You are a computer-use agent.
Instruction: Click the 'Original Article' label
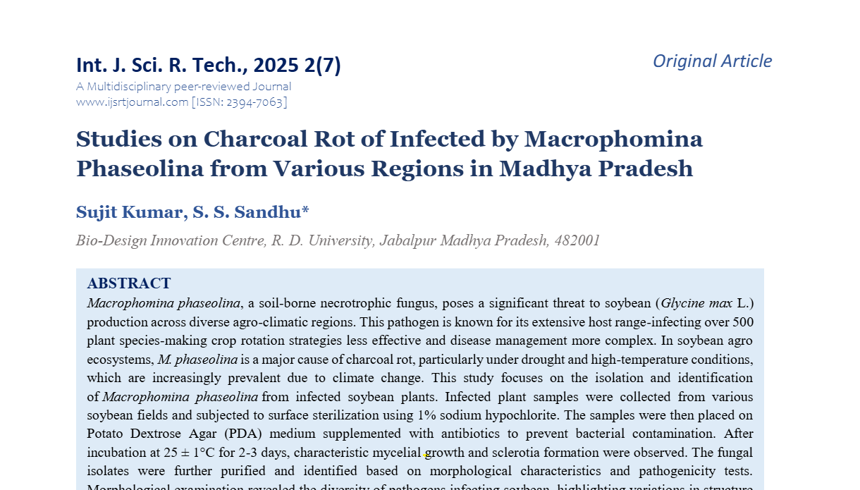tap(712, 61)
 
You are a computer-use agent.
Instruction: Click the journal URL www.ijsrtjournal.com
tap(132, 102)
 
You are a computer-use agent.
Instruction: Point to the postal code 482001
tap(577, 240)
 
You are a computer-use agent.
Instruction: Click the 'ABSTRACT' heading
tap(129, 283)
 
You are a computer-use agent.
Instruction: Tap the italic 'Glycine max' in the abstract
tap(696, 304)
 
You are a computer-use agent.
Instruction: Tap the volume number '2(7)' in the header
tap(323, 66)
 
